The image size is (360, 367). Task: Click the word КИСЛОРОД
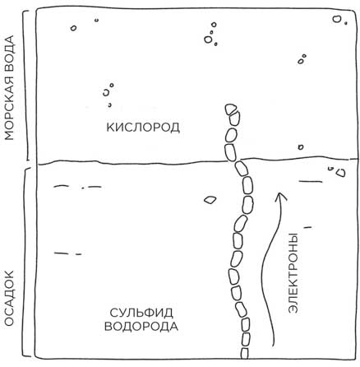143,128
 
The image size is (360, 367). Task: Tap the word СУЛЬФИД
141,313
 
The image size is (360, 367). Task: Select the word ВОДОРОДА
141,327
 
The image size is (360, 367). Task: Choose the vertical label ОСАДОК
9,299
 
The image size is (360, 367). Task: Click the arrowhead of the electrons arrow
279,197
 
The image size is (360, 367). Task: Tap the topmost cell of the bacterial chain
231,109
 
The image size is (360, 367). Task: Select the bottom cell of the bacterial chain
245,353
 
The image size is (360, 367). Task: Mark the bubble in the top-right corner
336,19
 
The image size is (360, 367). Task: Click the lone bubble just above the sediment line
301,147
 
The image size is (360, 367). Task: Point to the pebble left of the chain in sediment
210,199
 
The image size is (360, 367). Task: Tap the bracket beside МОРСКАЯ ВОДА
28,86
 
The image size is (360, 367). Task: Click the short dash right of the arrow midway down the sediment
307,227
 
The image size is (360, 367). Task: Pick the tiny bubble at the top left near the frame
96,20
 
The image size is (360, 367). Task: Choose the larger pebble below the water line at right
341,173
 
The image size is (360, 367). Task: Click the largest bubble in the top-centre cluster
208,39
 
